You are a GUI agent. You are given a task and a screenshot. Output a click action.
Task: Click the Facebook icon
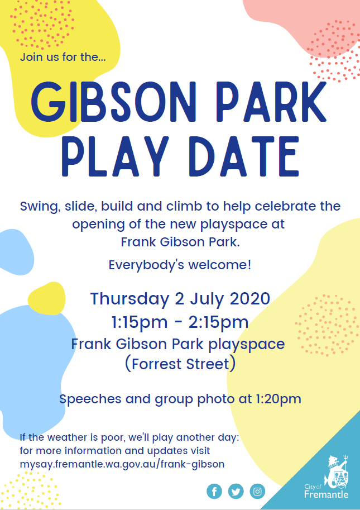(x=214, y=491)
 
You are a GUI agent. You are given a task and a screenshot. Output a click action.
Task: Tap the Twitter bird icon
(x=236, y=491)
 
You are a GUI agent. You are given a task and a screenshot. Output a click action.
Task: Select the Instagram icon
(x=257, y=491)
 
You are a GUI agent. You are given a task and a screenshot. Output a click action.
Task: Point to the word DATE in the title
(x=244, y=156)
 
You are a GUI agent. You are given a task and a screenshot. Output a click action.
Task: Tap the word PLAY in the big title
(x=116, y=156)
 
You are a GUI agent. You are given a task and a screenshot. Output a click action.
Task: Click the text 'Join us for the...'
(x=63, y=57)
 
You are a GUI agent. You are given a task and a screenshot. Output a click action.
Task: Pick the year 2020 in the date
(x=250, y=299)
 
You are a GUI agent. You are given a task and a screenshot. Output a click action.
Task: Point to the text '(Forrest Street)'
(x=180, y=364)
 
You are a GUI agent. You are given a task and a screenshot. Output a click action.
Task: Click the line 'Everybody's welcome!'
(x=180, y=265)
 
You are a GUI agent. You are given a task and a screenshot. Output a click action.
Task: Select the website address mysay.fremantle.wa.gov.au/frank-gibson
(x=122, y=464)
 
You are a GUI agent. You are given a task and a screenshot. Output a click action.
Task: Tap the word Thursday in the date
(x=129, y=299)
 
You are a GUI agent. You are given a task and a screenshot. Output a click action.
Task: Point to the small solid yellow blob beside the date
(x=46, y=299)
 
